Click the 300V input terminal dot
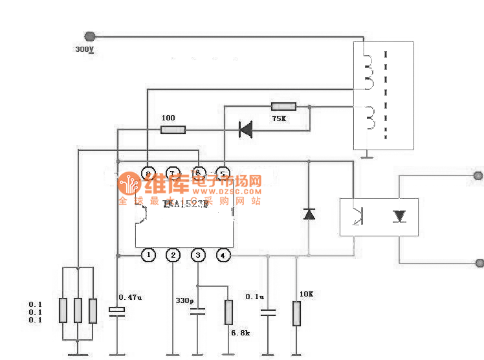90,37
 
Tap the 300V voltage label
85,49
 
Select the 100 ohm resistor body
173,129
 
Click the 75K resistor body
283,106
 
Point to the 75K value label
279,118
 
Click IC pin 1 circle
149,255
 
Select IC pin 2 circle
173,255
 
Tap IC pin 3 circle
197,255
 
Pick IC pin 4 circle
223,255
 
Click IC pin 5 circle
223,174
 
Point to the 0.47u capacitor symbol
117,313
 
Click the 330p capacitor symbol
197,313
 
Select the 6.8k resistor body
228,312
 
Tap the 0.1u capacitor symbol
267,313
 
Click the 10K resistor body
296,313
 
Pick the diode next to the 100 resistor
245,129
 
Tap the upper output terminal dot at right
478,175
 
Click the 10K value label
305,295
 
